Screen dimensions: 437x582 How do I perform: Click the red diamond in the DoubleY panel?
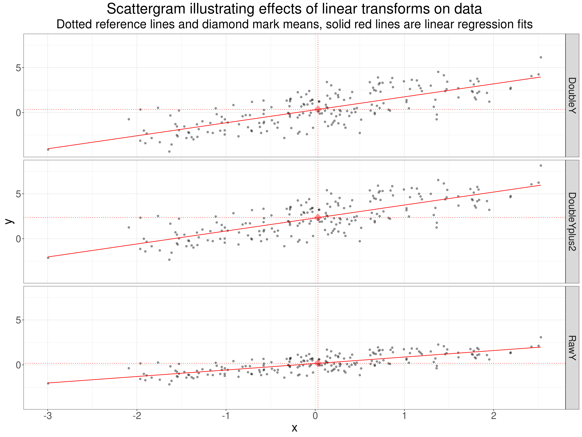318,109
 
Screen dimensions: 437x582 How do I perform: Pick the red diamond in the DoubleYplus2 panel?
318,218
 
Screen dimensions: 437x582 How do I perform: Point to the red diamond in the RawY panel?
318,364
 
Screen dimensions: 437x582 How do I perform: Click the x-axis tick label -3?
48,416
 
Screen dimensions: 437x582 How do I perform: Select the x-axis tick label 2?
494,416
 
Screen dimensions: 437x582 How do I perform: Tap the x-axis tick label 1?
404,416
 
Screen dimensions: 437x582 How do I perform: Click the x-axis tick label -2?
137,416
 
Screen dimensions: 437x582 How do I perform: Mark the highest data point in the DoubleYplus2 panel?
541,165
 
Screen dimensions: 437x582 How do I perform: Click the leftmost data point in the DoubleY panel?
48,149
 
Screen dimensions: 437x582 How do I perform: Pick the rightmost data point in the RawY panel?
541,337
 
